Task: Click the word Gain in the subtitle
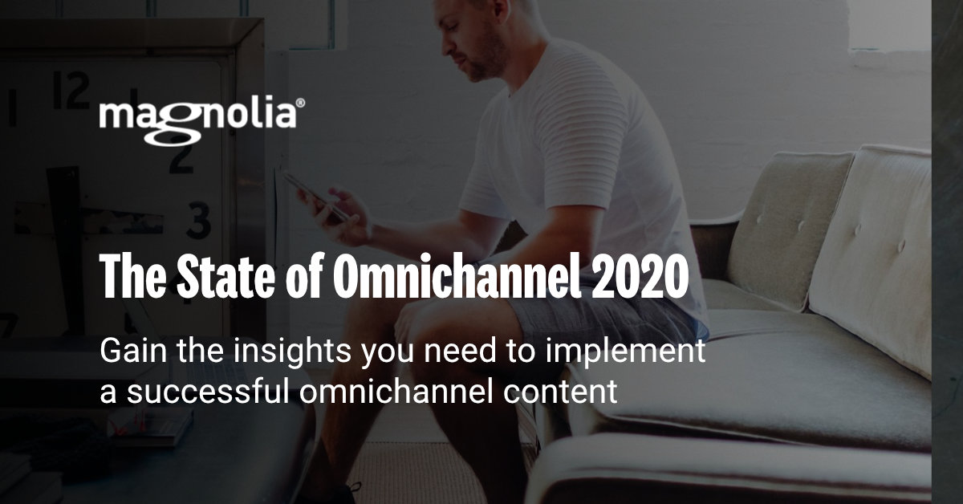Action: click(129, 352)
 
